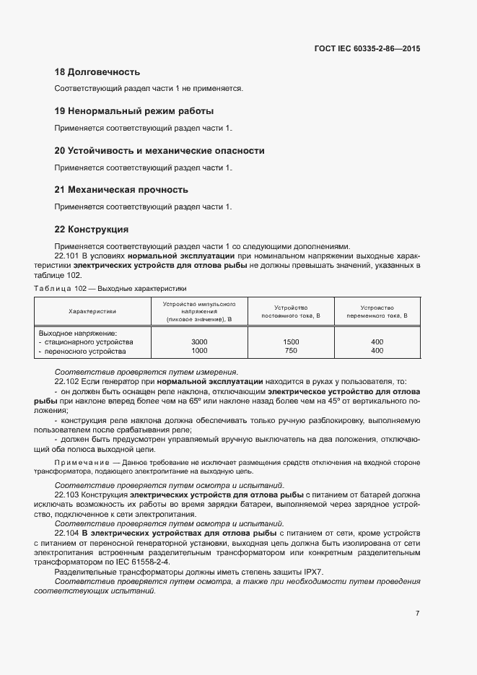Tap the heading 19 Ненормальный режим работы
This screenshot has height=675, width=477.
134,111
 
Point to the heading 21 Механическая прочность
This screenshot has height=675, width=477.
121,190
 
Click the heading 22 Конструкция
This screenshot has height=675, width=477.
92,230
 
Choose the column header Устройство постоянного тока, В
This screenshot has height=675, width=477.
291,311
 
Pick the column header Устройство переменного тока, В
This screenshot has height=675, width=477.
377,311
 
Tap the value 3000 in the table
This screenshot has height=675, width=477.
199,341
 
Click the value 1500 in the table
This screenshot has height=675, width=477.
291,341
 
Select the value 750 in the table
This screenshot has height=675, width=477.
291,351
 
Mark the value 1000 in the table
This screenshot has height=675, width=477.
199,351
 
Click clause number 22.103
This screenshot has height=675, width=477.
67,495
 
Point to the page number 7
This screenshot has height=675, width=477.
417,614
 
